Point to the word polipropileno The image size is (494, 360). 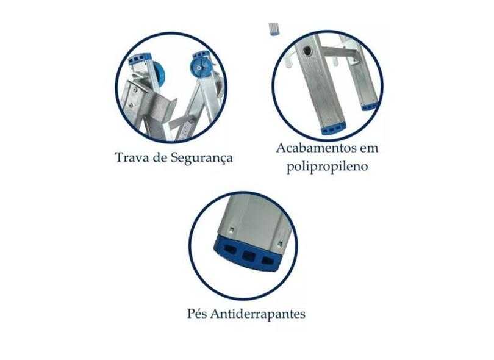[x=327, y=167]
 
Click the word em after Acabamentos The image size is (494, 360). [x=369, y=149]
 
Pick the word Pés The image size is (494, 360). [x=197, y=314]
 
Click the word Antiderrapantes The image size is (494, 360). [x=258, y=314]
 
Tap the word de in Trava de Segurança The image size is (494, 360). [x=160, y=157]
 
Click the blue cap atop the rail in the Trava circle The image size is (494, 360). [x=140, y=59]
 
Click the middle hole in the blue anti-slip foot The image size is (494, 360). [x=248, y=256]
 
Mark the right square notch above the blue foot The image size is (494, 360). [x=279, y=243]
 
